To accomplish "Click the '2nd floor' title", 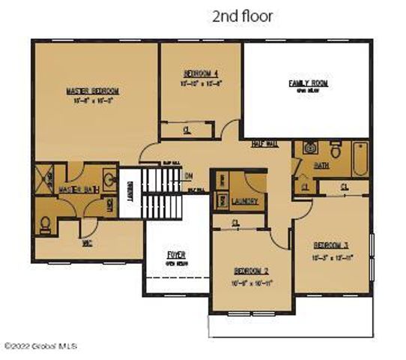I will coord(243,15).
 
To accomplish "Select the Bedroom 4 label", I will coord(201,73).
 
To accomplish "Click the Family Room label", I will coord(309,82).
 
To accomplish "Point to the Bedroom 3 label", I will coord(331,245).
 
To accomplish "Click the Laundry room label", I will coord(246,202).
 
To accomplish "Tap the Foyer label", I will coord(176,255).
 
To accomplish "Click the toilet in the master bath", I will coord(46,223).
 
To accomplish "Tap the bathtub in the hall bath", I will coord(360,160).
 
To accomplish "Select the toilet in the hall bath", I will coord(336,152).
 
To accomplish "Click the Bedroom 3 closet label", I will coord(345,186).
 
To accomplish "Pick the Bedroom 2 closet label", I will coord(236,223).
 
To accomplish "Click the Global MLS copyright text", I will coord(40,346).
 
